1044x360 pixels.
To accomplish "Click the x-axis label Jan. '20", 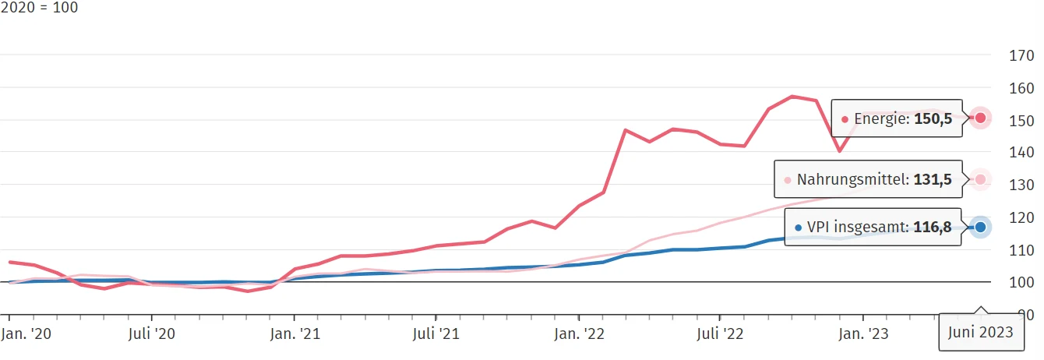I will pyautogui.click(x=26, y=334).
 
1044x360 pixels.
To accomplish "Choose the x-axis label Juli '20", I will pyautogui.click(x=150, y=334).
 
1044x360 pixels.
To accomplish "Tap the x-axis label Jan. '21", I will pyautogui.click(x=294, y=334).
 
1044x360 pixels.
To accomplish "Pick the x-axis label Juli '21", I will pyautogui.click(x=436, y=334).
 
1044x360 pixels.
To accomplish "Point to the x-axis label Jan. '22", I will pyautogui.click(x=579, y=334).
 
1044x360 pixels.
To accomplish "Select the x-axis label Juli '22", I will pyautogui.click(x=719, y=334).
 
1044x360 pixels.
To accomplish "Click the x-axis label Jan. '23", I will pyautogui.click(x=862, y=334).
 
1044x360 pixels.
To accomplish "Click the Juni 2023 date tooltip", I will pyautogui.click(x=981, y=333).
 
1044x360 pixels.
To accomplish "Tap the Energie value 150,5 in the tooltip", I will pyautogui.click(x=935, y=119).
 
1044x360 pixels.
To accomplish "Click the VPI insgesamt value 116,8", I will pyautogui.click(x=935, y=228).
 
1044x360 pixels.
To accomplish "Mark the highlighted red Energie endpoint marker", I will pyautogui.click(x=981, y=118).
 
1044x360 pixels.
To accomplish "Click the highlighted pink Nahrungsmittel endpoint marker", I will pyautogui.click(x=981, y=179).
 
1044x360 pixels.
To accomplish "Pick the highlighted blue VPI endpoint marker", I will pyautogui.click(x=981, y=228).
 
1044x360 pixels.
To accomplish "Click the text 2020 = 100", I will pyautogui.click(x=39, y=8).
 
